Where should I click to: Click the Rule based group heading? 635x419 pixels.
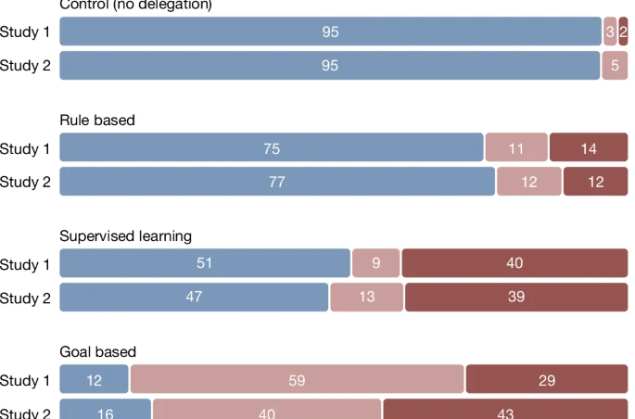click(97, 121)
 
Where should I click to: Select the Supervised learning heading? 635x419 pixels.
click(125, 236)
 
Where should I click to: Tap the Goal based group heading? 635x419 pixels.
click(97, 352)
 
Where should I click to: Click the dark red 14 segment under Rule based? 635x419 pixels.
click(589, 148)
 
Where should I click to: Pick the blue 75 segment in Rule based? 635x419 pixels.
click(272, 148)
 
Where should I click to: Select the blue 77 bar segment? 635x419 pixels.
click(277, 182)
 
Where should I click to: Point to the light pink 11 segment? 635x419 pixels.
click(516, 148)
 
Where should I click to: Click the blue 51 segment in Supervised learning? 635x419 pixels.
click(205, 263)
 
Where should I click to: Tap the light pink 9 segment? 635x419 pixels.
click(376, 263)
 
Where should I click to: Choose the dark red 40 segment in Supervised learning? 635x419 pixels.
click(514, 263)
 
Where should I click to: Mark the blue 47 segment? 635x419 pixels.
click(194, 298)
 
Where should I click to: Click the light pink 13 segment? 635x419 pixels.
click(367, 298)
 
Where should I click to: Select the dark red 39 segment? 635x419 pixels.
click(516, 298)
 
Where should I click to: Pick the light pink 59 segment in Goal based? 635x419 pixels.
click(297, 380)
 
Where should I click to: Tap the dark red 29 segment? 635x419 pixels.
click(547, 380)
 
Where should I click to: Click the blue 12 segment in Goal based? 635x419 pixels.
click(94, 380)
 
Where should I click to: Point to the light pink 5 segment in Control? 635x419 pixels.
click(615, 66)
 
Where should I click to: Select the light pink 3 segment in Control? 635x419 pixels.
click(610, 32)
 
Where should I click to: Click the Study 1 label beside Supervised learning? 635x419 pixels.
click(25, 264)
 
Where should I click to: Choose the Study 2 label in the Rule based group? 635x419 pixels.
click(25, 183)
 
